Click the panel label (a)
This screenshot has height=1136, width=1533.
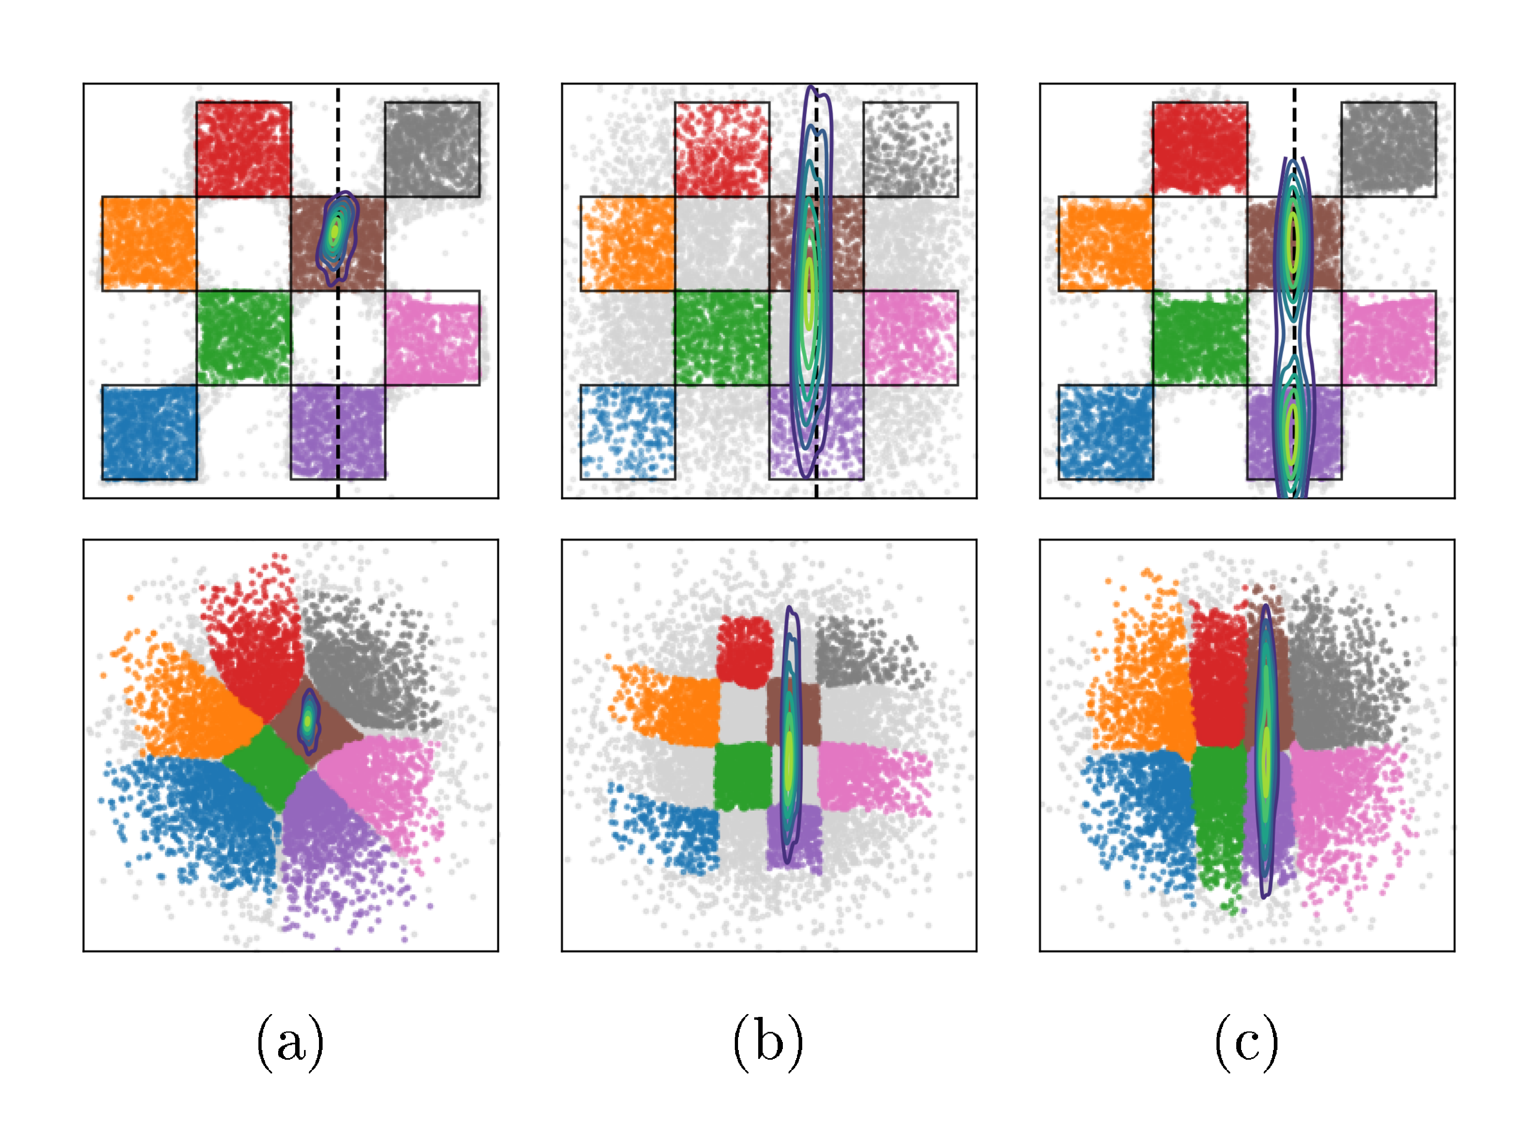(x=289, y=1043)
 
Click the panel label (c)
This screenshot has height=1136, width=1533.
(x=1246, y=1043)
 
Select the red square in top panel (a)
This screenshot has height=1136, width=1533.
(x=243, y=149)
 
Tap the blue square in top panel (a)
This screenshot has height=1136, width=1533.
(x=149, y=432)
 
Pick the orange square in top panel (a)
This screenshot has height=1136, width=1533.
(x=149, y=243)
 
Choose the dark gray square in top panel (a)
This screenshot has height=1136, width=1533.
(x=432, y=149)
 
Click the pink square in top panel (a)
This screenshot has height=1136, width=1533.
(x=432, y=337)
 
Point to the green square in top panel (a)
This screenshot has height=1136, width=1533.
(x=243, y=337)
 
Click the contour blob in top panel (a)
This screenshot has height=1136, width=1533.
(x=336, y=236)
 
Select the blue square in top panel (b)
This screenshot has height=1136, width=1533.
(x=627, y=432)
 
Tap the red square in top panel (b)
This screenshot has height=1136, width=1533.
(x=721, y=149)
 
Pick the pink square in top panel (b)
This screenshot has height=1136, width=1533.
(x=910, y=337)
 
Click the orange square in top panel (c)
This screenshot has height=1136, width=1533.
(x=1105, y=243)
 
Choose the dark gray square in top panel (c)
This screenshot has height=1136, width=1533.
(x=1388, y=149)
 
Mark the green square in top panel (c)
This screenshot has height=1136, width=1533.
(x=1200, y=337)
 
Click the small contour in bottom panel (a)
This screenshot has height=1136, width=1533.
(x=309, y=720)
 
